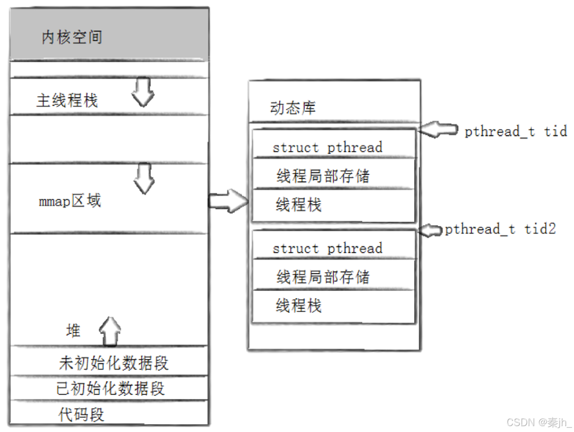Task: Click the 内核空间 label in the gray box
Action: click(72, 37)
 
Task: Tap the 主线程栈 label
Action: click(67, 100)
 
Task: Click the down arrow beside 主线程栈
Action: click(143, 92)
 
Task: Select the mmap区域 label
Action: click(69, 201)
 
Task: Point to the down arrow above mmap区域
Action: click(144, 178)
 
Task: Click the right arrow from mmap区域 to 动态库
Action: click(228, 201)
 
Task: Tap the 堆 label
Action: click(73, 330)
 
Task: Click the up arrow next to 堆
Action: click(110, 331)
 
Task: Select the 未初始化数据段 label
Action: click(113, 363)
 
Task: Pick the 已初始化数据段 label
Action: click(110, 388)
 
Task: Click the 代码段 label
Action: click(81, 414)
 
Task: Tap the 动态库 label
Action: click(293, 108)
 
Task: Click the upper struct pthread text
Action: click(328, 147)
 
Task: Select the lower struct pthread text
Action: click(328, 248)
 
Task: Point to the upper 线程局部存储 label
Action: click(323, 175)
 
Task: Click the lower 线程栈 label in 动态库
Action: click(298, 305)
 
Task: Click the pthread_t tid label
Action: click(516, 131)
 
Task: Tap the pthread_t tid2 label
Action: click(501, 229)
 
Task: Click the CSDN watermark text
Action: click(539, 423)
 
